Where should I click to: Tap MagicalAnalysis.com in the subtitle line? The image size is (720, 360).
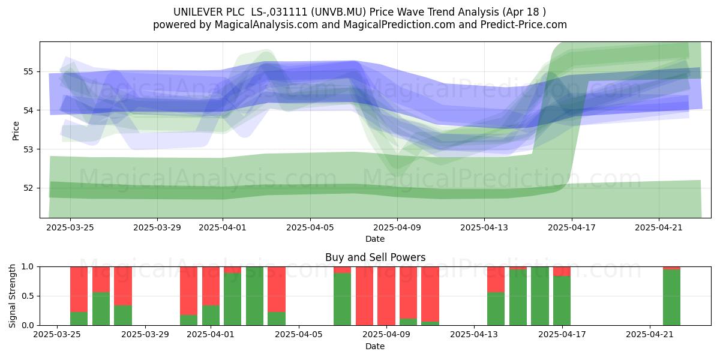tap(266, 25)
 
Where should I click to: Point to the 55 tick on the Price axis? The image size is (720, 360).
tap(28, 71)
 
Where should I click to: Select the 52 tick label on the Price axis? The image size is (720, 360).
tap(28, 188)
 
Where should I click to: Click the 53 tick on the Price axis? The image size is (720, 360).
tap(28, 149)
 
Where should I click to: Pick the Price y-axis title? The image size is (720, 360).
tap(16, 131)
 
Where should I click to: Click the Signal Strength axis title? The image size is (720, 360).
tap(12, 296)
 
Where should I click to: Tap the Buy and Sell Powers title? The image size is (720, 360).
tap(375, 257)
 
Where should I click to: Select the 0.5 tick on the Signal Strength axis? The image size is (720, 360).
tap(28, 296)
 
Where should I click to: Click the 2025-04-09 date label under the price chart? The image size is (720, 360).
tap(397, 227)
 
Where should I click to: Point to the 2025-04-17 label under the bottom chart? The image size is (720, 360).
tap(562, 335)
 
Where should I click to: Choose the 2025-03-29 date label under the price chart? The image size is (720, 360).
tap(157, 227)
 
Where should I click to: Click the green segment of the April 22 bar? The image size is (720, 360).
tap(671, 298)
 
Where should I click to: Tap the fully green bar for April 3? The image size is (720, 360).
tap(254, 296)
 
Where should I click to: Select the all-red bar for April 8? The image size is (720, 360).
tap(365, 296)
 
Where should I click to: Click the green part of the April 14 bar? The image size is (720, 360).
tap(496, 308)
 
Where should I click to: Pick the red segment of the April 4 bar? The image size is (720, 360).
tap(277, 289)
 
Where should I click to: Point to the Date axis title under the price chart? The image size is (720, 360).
tap(375, 239)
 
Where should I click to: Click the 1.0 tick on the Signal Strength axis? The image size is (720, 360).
tap(28, 266)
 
